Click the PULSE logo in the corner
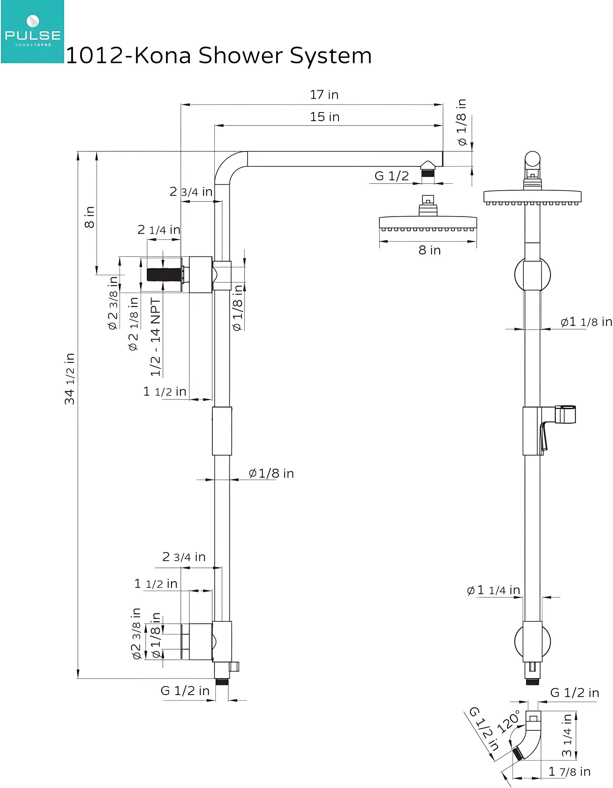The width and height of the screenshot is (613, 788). [x=33, y=32]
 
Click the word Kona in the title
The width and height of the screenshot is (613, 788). [x=162, y=56]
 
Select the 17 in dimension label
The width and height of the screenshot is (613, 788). [x=324, y=95]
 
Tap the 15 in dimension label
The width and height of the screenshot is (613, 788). [x=324, y=117]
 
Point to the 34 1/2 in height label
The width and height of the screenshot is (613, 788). [x=69, y=379]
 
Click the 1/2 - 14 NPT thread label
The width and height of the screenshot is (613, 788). [x=155, y=337]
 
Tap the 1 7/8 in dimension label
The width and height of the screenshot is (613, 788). [x=569, y=772]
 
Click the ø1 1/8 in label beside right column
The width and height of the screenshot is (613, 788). [x=586, y=322]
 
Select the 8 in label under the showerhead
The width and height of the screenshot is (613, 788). [x=429, y=250]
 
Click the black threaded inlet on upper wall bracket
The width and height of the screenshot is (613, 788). [x=164, y=274]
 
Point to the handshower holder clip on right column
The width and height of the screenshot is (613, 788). [x=565, y=414]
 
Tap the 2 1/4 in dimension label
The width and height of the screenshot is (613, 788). [x=159, y=230]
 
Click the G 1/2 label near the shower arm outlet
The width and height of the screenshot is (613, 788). [x=392, y=176]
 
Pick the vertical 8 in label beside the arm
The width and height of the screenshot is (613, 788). [x=89, y=217]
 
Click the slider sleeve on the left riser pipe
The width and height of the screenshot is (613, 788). [x=222, y=431]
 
